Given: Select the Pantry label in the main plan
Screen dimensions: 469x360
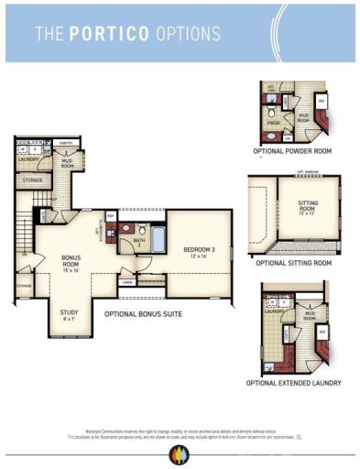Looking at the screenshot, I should (x=66, y=143).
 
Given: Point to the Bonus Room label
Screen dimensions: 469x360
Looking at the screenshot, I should (x=71, y=263).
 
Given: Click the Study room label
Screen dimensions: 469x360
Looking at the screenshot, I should (x=69, y=315).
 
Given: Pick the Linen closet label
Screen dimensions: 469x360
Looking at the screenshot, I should (x=127, y=282).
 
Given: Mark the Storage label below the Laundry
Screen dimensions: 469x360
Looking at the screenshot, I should (x=32, y=180).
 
